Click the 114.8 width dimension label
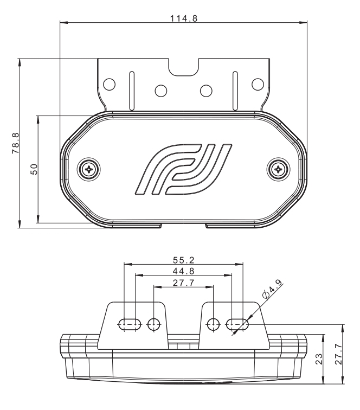pyautogui.click(x=184, y=18)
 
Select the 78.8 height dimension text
pyautogui.click(x=15, y=143)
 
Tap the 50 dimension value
pyautogui.click(x=34, y=169)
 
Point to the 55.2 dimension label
pyautogui.click(x=184, y=260)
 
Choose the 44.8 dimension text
pyautogui.click(x=184, y=271)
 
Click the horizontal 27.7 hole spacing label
pyautogui.click(x=184, y=283)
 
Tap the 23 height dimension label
pyautogui.click(x=319, y=359)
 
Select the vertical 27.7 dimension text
pyautogui.click(x=338, y=354)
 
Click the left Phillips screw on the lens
pyautogui.click(x=89, y=169)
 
